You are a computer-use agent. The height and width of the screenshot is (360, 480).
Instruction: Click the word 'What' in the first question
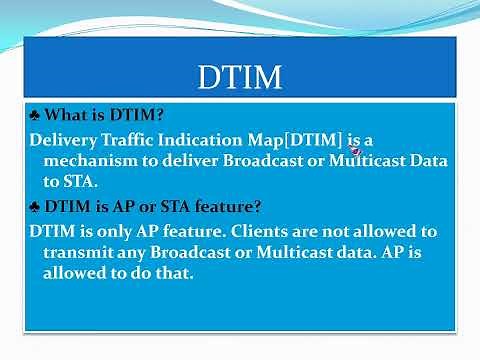coord(66,116)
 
